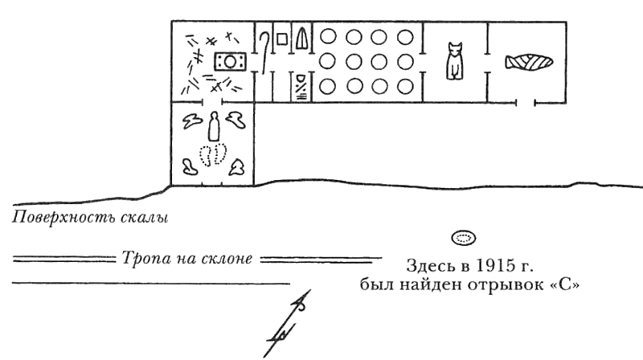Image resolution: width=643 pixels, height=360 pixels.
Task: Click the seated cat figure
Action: pos(455,62)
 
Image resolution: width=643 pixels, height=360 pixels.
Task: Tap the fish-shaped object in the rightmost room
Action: pos(528,62)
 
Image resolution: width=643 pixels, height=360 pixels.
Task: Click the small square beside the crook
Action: pos(281,38)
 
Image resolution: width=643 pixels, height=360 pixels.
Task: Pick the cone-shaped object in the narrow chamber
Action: pos(301,39)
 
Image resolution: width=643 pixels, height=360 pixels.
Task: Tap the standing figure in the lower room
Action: pos(214,126)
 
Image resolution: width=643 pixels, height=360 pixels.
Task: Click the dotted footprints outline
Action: pos(213,153)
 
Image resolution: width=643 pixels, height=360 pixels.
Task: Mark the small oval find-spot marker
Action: pos(463,238)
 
